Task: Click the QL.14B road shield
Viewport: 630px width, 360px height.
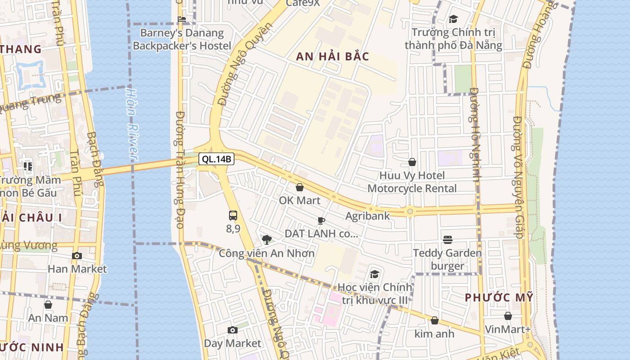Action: (x=216, y=159)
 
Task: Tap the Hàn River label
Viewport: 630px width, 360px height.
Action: (x=131, y=124)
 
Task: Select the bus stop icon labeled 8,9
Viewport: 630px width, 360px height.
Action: (x=233, y=216)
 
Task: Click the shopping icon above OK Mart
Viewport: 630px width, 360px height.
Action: (x=300, y=187)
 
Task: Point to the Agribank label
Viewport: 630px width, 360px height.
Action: (x=367, y=216)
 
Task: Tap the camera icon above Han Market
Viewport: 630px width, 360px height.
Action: (x=77, y=256)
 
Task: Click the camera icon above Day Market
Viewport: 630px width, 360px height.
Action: (x=232, y=330)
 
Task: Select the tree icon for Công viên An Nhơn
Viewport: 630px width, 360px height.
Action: (x=266, y=239)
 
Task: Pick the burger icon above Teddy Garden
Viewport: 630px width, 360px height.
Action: (x=447, y=240)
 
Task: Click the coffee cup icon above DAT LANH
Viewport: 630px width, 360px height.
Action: (x=321, y=220)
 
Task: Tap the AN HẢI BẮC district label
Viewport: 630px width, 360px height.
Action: (x=333, y=57)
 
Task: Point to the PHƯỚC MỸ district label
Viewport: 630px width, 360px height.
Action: (x=499, y=297)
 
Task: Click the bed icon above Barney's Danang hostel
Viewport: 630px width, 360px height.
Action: (x=182, y=19)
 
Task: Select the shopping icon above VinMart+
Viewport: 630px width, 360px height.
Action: (x=508, y=316)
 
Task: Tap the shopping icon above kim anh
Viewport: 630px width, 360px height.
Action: (x=434, y=320)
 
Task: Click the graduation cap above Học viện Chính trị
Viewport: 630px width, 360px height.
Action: (x=374, y=274)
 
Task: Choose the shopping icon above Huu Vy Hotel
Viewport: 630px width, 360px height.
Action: (x=412, y=162)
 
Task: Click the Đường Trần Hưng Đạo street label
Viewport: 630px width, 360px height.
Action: (x=180, y=170)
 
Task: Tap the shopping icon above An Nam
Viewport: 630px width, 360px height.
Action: (x=48, y=305)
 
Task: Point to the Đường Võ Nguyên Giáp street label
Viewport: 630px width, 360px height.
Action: (x=517, y=177)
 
